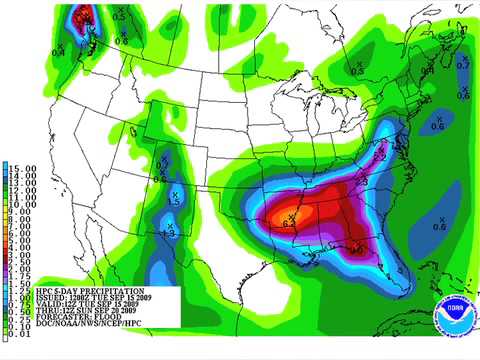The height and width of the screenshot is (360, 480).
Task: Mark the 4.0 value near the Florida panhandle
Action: tap(357, 251)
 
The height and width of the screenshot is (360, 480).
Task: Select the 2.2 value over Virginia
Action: tap(380, 157)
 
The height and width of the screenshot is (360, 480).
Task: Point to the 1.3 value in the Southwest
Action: tap(170, 233)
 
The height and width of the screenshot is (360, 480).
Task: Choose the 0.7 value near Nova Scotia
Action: tap(461, 65)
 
